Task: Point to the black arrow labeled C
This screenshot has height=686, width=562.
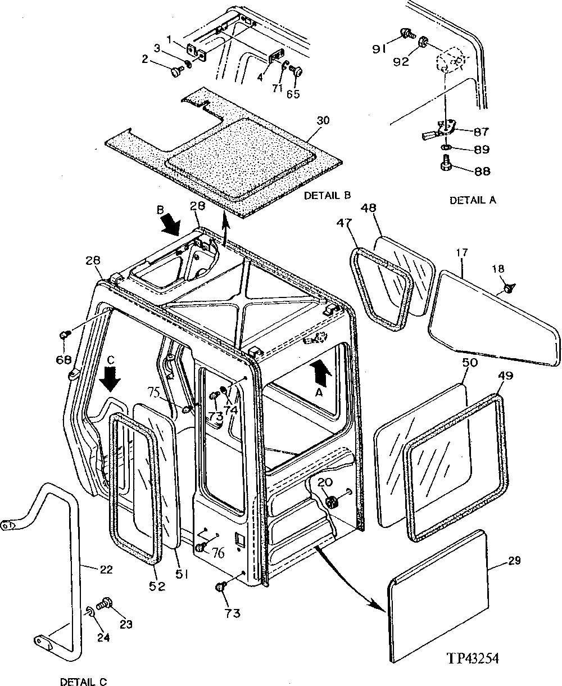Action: pyautogui.click(x=111, y=379)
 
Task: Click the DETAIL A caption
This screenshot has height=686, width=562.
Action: pyautogui.click(x=473, y=200)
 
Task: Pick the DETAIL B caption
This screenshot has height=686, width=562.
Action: pyautogui.click(x=327, y=195)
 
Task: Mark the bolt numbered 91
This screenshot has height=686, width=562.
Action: pyautogui.click(x=402, y=35)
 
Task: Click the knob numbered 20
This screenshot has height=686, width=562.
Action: pyautogui.click(x=330, y=500)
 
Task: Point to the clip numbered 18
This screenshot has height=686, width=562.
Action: pyautogui.click(x=509, y=288)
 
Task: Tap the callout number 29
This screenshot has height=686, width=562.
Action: pyautogui.click(x=514, y=560)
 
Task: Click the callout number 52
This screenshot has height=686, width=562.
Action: pyautogui.click(x=157, y=586)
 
